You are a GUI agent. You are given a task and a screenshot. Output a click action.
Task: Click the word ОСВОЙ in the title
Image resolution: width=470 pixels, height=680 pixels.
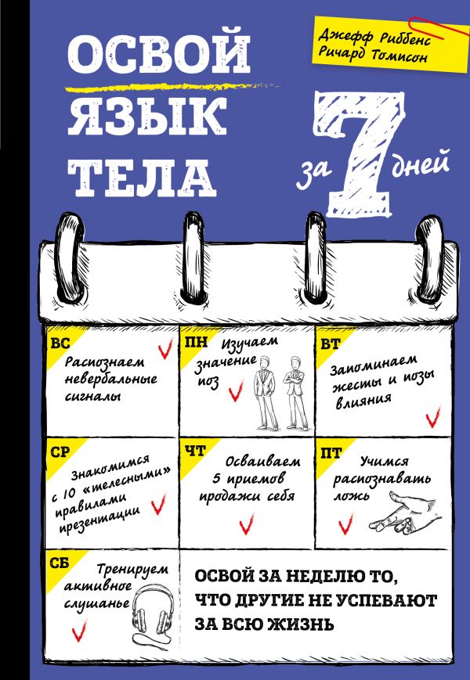159,54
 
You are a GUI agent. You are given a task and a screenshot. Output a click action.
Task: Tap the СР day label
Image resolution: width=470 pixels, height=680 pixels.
56,451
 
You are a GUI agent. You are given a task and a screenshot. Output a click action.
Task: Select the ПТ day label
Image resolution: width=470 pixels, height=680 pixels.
326,451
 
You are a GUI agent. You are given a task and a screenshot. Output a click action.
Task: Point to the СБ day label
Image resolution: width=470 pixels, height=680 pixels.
56,561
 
